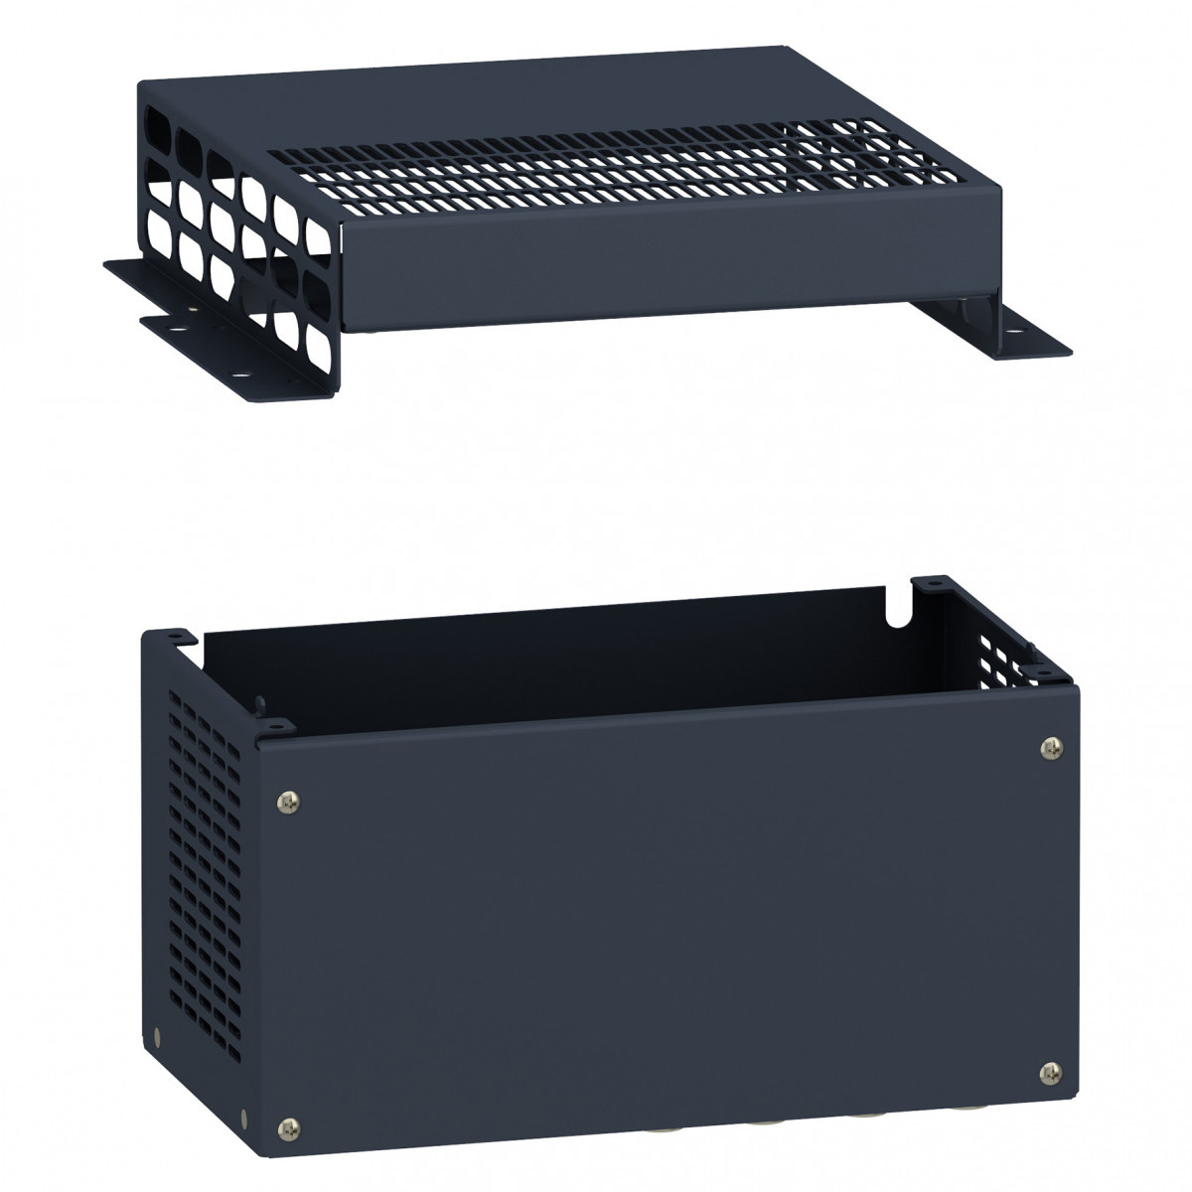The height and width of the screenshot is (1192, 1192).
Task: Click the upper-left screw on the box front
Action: point(287,798)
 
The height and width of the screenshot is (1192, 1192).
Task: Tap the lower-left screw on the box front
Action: point(289,1125)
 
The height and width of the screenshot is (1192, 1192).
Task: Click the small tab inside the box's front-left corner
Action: point(261,707)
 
